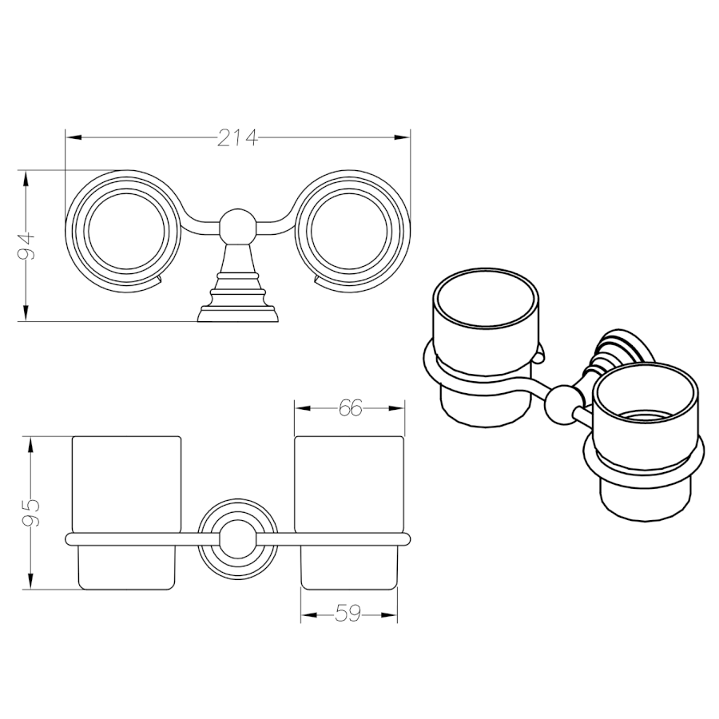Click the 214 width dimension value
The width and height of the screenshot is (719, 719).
pos(237,137)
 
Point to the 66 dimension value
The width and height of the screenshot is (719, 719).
pos(351,408)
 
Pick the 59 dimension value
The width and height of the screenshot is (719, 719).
pos(348,614)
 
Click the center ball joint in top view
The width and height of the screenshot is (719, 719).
pos(237,227)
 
